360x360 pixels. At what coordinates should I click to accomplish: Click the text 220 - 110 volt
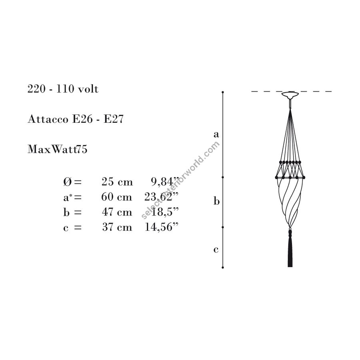(x=63, y=89)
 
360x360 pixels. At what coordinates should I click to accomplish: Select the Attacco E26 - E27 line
(x=76, y=119)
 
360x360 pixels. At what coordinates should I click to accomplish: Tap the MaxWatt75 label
(x=57, y=149)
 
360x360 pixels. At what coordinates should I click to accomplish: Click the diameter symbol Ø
(x=67, y=182)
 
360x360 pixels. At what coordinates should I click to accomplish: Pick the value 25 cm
(x=117, y=182)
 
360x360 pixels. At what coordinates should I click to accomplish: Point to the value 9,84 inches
(x=165, y=182)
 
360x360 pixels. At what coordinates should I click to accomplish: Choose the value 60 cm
(x=117, y=197)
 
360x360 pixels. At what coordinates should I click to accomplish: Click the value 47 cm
(x=117, y=212)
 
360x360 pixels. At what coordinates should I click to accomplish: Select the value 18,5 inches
(x=165, y=212)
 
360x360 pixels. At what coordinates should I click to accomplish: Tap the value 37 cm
(x=117, y=227)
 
